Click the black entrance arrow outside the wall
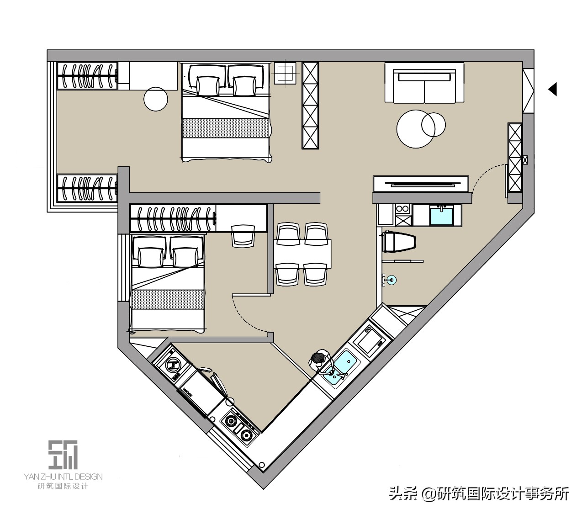pos(553,89)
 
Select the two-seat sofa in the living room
pos(424,83)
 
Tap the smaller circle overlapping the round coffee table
pos(433,125)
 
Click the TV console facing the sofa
pos(421,184)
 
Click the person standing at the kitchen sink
pos(319,360)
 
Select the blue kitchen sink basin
pos(343,365)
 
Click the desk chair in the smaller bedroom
pos(242,235)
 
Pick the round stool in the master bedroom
pos(156,98)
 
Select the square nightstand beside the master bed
pos(286,73)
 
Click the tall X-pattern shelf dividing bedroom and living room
pos(309,105)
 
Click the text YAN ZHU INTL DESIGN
pos(63,477)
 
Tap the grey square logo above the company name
pos(63,455)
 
